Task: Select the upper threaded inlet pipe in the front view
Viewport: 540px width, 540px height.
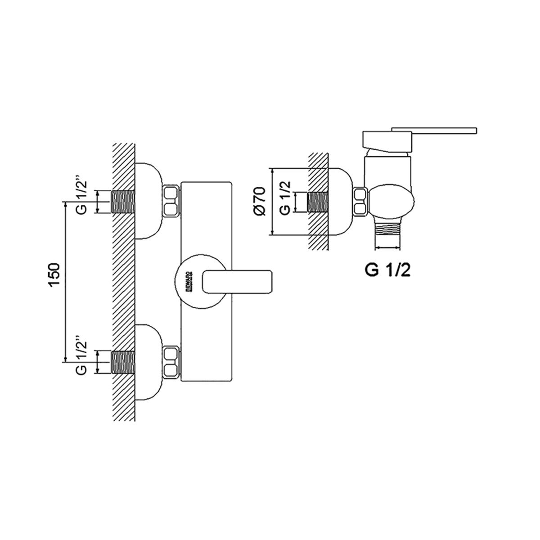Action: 123,202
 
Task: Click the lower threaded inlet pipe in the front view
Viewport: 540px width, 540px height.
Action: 123,362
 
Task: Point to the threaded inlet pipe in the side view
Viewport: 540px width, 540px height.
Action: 317,201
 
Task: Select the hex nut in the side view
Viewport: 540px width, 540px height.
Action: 361,202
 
